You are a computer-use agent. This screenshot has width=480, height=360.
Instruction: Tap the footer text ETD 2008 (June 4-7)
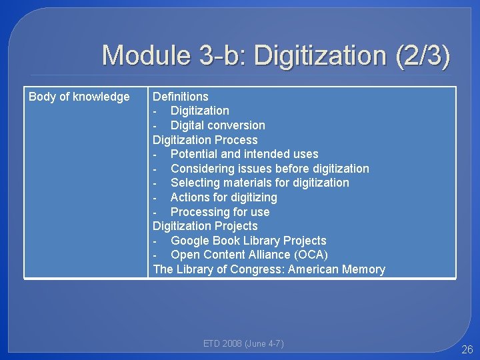(243, 343)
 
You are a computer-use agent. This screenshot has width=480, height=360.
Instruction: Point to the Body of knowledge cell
(79, 97)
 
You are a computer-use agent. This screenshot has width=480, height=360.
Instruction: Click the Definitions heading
(181, 97)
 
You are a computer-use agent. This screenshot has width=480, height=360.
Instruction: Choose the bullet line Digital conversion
(217, 125)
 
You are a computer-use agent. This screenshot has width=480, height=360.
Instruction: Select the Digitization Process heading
(205, 140)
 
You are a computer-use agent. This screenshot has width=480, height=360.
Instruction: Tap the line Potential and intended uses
(244, 154)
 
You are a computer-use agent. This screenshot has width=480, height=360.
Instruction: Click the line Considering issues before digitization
(269, 169)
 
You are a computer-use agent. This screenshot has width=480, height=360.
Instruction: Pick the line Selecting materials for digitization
(259, 183)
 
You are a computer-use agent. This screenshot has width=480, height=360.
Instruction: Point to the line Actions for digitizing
(223, 197)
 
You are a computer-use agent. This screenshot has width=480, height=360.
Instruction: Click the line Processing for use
(220, 212)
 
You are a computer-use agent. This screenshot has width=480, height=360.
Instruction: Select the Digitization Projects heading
(205, 226)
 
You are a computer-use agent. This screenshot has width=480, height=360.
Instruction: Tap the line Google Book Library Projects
(248, 241)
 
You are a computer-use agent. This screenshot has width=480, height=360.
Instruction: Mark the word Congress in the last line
(255, 269)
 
